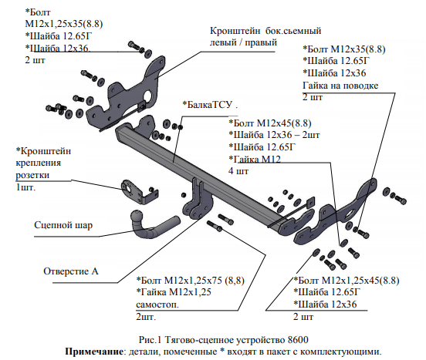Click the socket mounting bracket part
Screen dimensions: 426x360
(139, 191)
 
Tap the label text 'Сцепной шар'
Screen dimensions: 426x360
(63, 225)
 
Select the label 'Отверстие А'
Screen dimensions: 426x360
(71, 271)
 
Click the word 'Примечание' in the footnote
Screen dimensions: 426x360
(94, 352)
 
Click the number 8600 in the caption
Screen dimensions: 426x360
(297, 340)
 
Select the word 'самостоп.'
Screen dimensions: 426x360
(157, 304)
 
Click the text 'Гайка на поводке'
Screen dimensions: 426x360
(340, 86)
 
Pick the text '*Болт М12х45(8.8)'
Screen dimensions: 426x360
(270, 123)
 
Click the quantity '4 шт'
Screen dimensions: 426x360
(238, 171)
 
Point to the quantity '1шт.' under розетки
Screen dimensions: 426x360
(25, 187)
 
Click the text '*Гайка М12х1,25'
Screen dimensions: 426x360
(174, 292)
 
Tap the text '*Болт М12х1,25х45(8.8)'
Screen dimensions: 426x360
(347, 281)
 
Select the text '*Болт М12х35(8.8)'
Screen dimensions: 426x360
(344, 49)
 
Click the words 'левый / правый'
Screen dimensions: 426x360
(243, 42)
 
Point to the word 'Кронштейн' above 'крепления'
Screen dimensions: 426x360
(43, 151)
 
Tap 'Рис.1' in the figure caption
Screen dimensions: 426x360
(150, 340)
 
